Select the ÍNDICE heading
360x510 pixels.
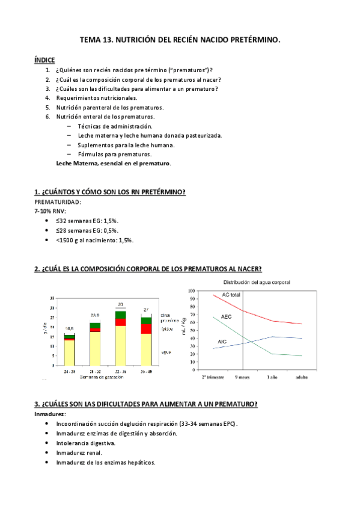(x=44, y=60)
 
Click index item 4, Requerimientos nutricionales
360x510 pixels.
(x=97, y=97)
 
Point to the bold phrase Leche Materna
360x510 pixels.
(x=76, y=163)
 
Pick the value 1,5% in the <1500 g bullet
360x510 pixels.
(x=126, y=240)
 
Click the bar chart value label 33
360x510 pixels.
(x=121, y=304)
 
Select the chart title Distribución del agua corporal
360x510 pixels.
(x=257, y=282)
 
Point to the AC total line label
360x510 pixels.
(x=231, y=295)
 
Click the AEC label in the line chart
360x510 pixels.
(x=226, y=316)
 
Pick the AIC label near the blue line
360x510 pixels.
(x=222, y=342)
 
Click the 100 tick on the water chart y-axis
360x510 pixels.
(x=192, y=290)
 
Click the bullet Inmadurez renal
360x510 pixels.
(x=79, y=453)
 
